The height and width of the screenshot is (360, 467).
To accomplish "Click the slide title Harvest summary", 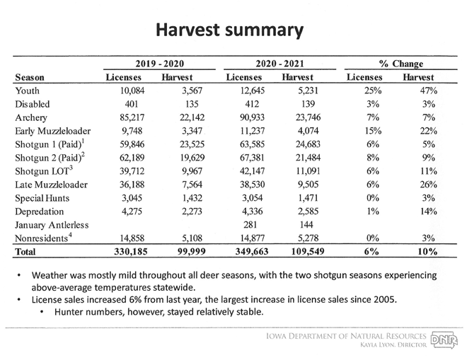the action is pyautogui.click(x=230, y=30).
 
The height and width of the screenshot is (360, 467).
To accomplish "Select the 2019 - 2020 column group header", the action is pyautogui.click(x=160, y=64).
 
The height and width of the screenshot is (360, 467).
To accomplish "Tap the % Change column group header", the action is pyautogui.click(x=401, y=64).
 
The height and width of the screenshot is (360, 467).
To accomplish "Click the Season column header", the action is pyautogui.click(x=30, y=77).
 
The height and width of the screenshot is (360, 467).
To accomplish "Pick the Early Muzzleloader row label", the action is pyautogui.click(x=53, y=131).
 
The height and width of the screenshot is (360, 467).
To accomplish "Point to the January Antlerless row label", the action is pyautogui.click(x=52, y=225).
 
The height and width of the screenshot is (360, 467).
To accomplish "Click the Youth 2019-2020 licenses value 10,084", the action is pyautogui.click(x=132, y=91).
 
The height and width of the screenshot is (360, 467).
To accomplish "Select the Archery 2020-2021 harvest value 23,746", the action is pyautogui.click(x=309, y=117).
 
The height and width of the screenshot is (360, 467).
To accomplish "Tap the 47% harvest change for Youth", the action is pyautogui.click(x=429, y=91).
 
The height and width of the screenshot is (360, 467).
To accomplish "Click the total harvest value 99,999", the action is pyautogui.click(x=192, y=252).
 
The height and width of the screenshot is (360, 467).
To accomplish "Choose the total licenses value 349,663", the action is pyautogui.click(x=252, y=252).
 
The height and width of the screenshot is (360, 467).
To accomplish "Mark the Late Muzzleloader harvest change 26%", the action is pyautogui.click(x=429, y=185).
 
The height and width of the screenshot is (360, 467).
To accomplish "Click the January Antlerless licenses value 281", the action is pyautogui.click(x=250, y=224).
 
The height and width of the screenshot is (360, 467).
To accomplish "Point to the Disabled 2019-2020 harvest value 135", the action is pyautogui.click(x=192, y=104).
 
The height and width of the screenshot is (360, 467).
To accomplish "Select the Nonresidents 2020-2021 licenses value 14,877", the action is pyautogui.click(x=253, y=238).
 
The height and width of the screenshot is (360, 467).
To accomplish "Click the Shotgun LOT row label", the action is pyautogui.click(x=44, y=171).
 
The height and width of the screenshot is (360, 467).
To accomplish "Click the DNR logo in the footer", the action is pyautogui.click(x=444, y=339).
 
